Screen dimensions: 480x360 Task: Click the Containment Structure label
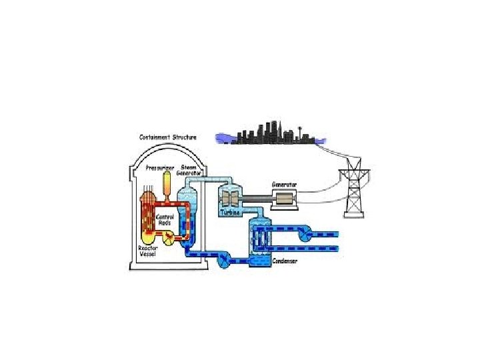click(x=167, y=137)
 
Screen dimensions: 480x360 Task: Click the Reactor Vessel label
click(x=148, y=252)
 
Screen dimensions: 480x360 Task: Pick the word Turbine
click(x=230, y=213)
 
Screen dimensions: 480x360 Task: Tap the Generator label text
click(x=285, y=183)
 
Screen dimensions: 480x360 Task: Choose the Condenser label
click(x=285, y=261)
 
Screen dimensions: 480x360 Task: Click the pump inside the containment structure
click(x=169, y=238)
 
